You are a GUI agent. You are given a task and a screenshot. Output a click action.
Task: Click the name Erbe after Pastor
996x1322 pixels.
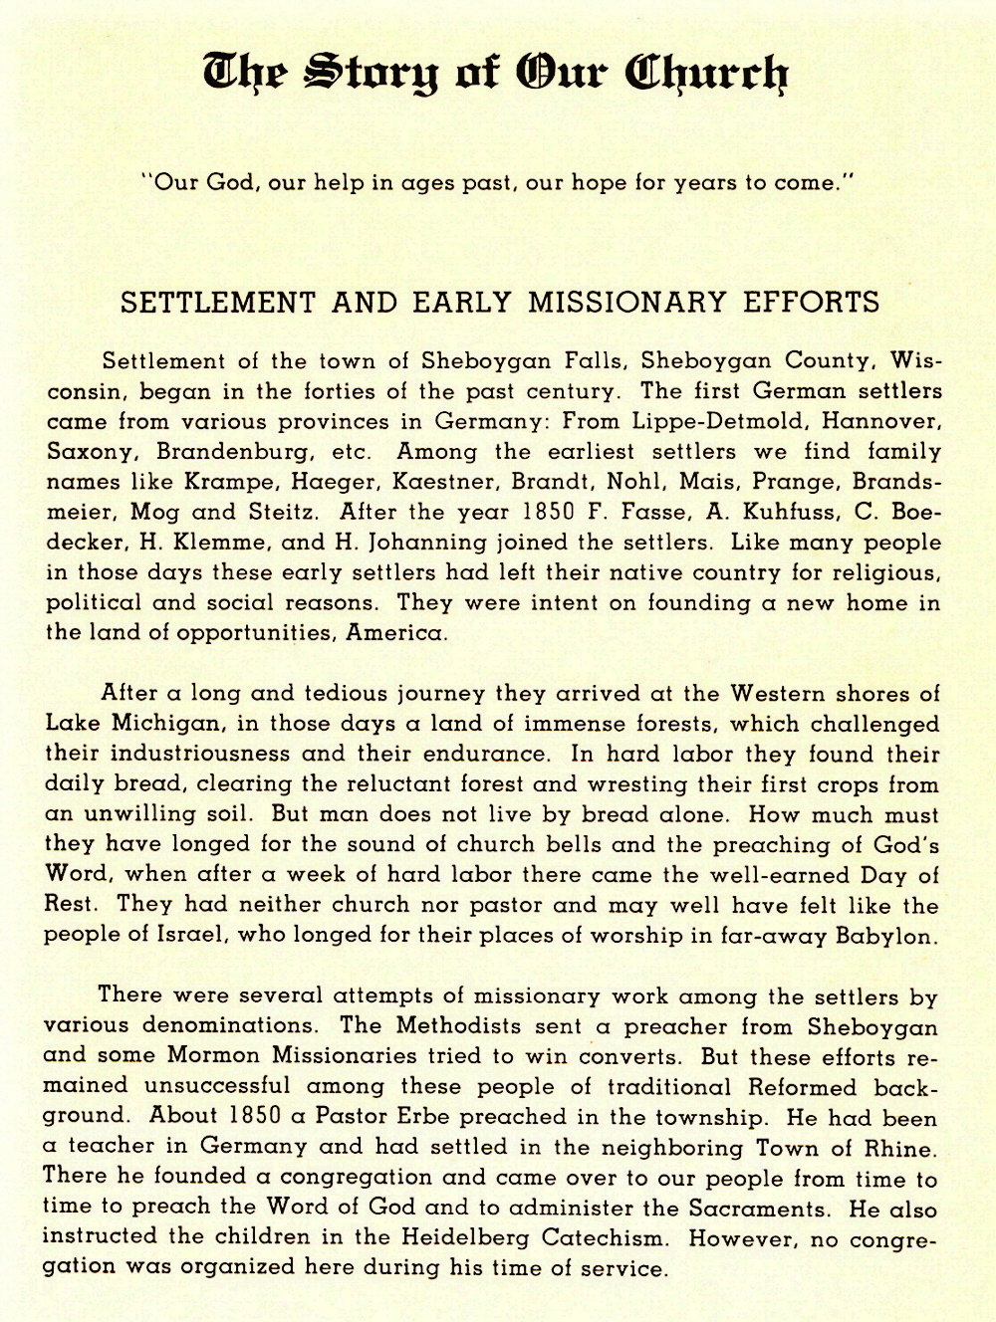433,1118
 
